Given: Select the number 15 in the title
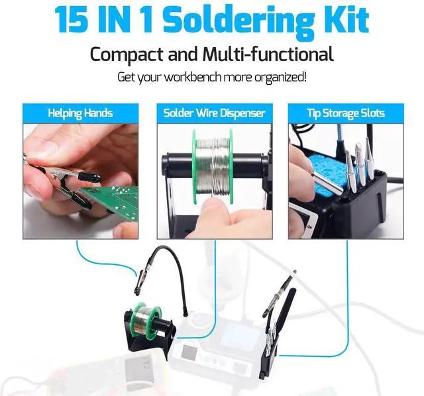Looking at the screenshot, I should [72, 20].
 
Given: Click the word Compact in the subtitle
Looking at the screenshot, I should [132, 54].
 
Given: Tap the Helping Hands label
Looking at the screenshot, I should [80, 113].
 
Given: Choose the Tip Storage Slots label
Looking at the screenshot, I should [345, 113].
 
